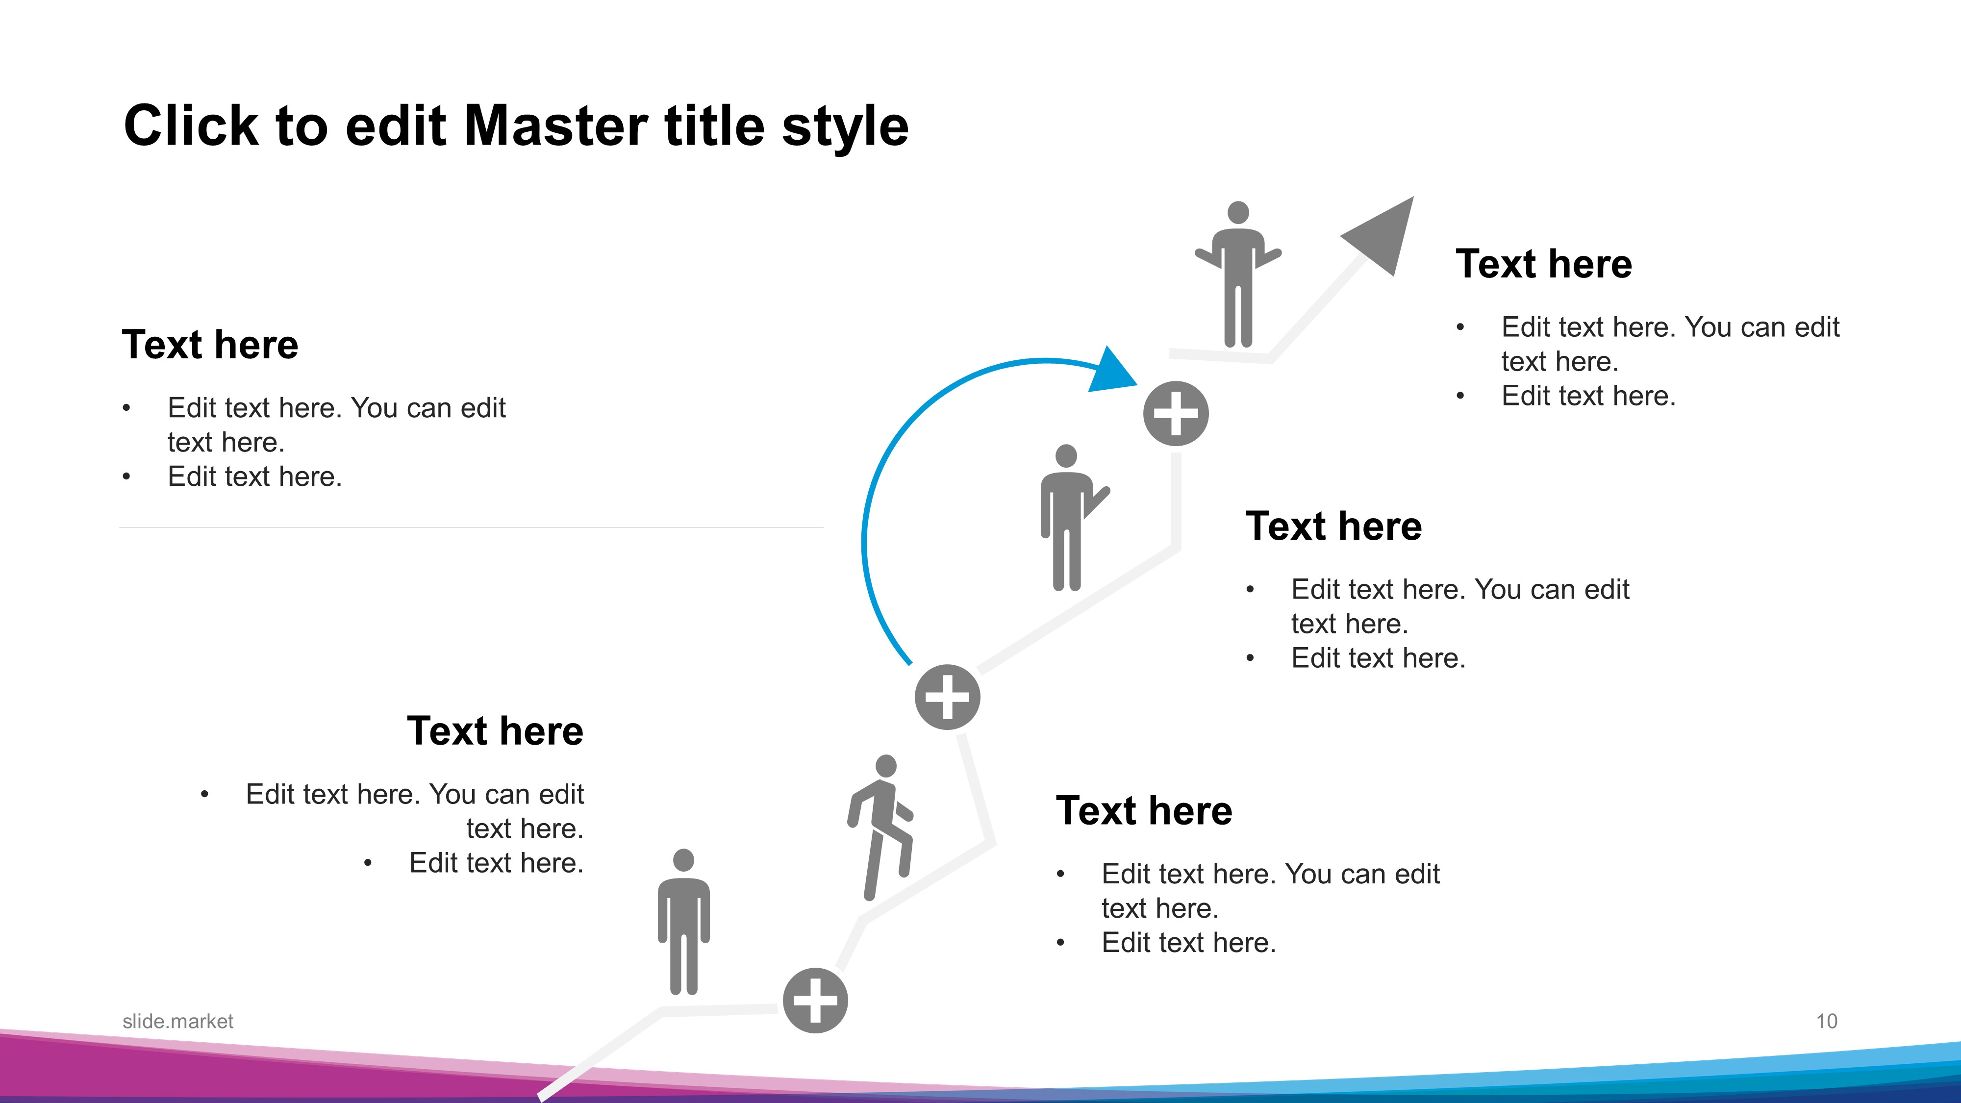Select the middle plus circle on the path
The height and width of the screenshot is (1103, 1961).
click(947, 697)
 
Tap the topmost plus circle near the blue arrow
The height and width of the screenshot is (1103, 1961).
click(1176, 413)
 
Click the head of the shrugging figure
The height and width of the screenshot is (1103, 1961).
click(1238, 212)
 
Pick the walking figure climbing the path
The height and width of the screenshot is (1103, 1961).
click(881, 828)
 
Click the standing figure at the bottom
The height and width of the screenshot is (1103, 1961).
click(683, 922)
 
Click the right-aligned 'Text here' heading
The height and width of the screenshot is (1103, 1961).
click(495, 731)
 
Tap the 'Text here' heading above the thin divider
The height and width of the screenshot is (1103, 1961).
click(210, 344)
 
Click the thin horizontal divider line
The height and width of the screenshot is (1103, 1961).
click(471, 527)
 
